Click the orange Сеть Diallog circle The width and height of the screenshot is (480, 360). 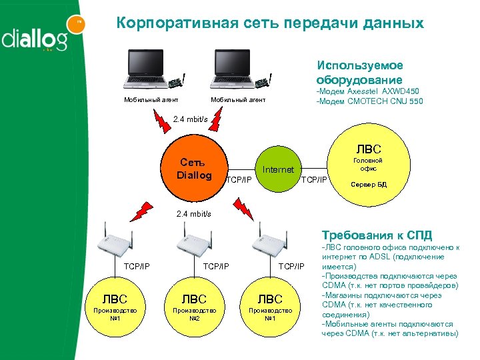point(193,169)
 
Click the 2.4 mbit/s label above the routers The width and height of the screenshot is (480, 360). point(193,214)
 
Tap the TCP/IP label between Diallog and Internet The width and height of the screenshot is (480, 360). point(239,179)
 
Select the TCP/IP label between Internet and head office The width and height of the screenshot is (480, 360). point(315,179)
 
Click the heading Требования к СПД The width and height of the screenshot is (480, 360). point(377,235)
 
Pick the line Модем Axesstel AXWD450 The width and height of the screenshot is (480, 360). point(369,92)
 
